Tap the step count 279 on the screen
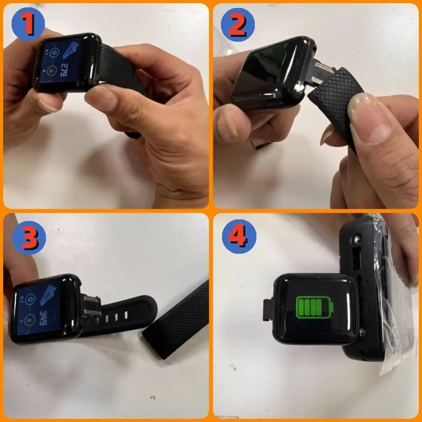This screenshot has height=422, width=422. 64,69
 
